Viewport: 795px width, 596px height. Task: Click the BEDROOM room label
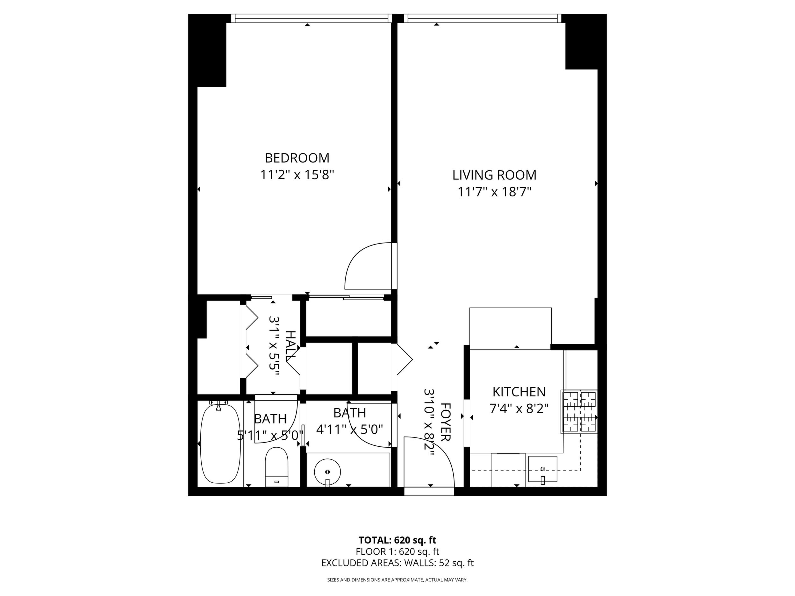(297, 158)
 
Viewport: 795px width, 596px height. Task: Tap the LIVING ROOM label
(494, 175)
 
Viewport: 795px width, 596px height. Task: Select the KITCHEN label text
(519, 392)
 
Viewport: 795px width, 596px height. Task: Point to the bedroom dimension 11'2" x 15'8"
(297, 175)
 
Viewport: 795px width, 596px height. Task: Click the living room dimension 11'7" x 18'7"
(494, 192)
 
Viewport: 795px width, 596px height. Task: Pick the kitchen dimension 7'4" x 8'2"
(519, 408)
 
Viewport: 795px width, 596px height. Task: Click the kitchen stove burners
(579, 411)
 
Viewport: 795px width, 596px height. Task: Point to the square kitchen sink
(542, 469)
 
